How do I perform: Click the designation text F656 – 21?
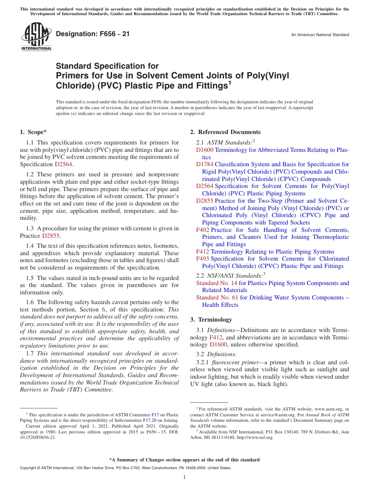pos(93,34)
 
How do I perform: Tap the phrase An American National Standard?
pos(320,35)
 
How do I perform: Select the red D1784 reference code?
pos(204,164)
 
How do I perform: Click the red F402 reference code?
pos(203,230)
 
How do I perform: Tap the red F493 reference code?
pos(203,259)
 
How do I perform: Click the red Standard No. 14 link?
pos(216,283)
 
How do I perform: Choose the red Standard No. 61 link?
pos(217,297)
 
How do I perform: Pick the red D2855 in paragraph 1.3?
pos(51,236)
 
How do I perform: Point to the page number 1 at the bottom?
pos(184,477)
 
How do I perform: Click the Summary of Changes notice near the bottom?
pos(184,460)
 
